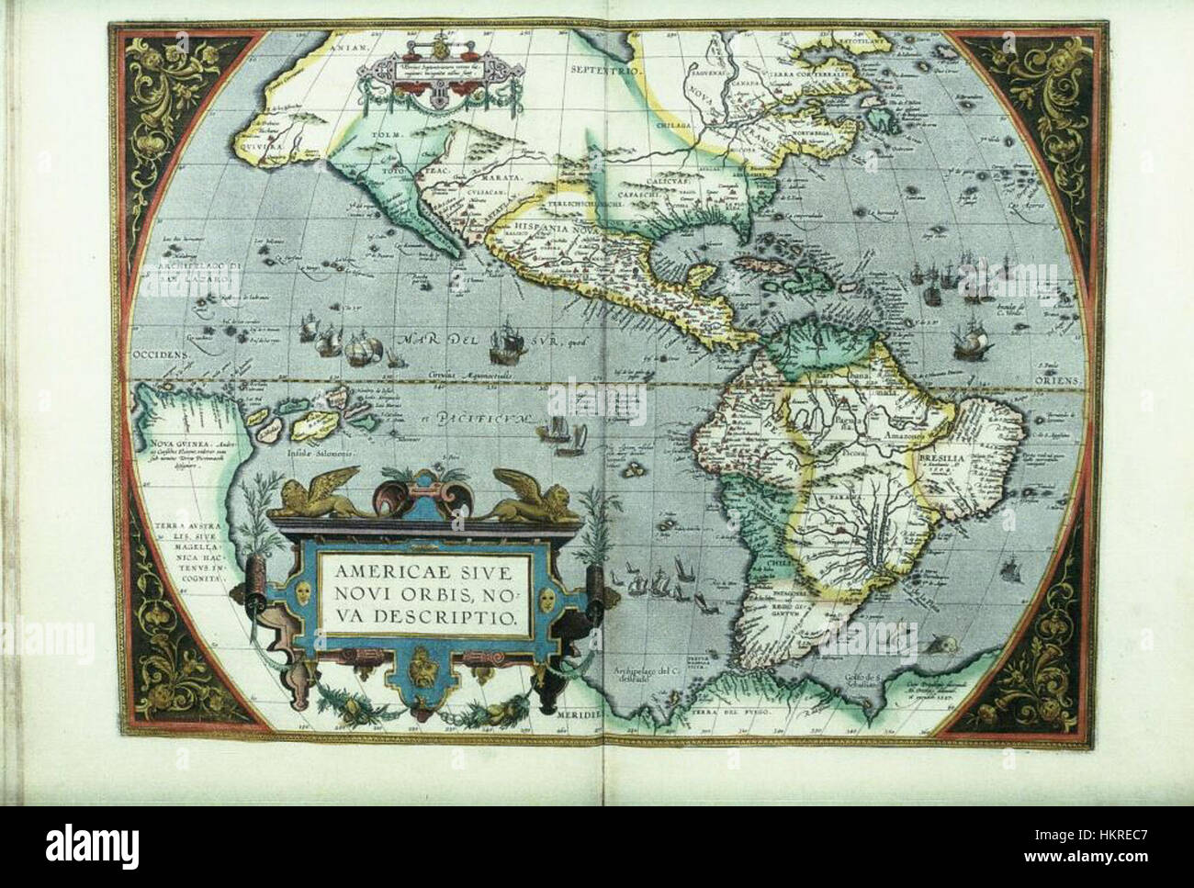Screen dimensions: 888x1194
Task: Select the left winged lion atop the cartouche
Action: tap(321, 492)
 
